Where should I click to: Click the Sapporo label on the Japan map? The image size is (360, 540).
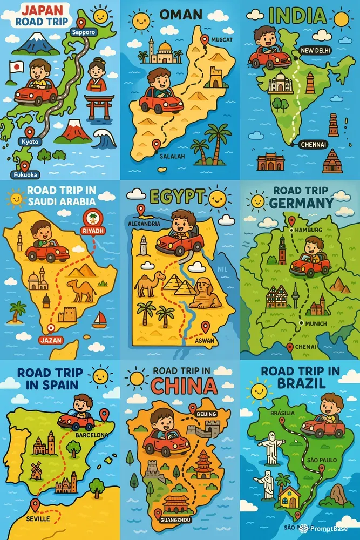[x=83, y=32]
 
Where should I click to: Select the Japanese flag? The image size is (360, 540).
[x=17, y=67]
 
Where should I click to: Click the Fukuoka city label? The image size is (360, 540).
[x=24, y=174]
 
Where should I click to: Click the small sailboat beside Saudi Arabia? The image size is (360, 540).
[x=99, y=320]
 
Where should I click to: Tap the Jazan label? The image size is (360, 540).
[x=51, y=340]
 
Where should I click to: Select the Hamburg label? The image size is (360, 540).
[x=309, y=230]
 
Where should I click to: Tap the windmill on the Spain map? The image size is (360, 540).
[x=36, y=470]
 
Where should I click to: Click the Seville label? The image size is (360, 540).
[x=38, y=518]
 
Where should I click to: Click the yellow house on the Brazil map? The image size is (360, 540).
[x=290, y=495]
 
